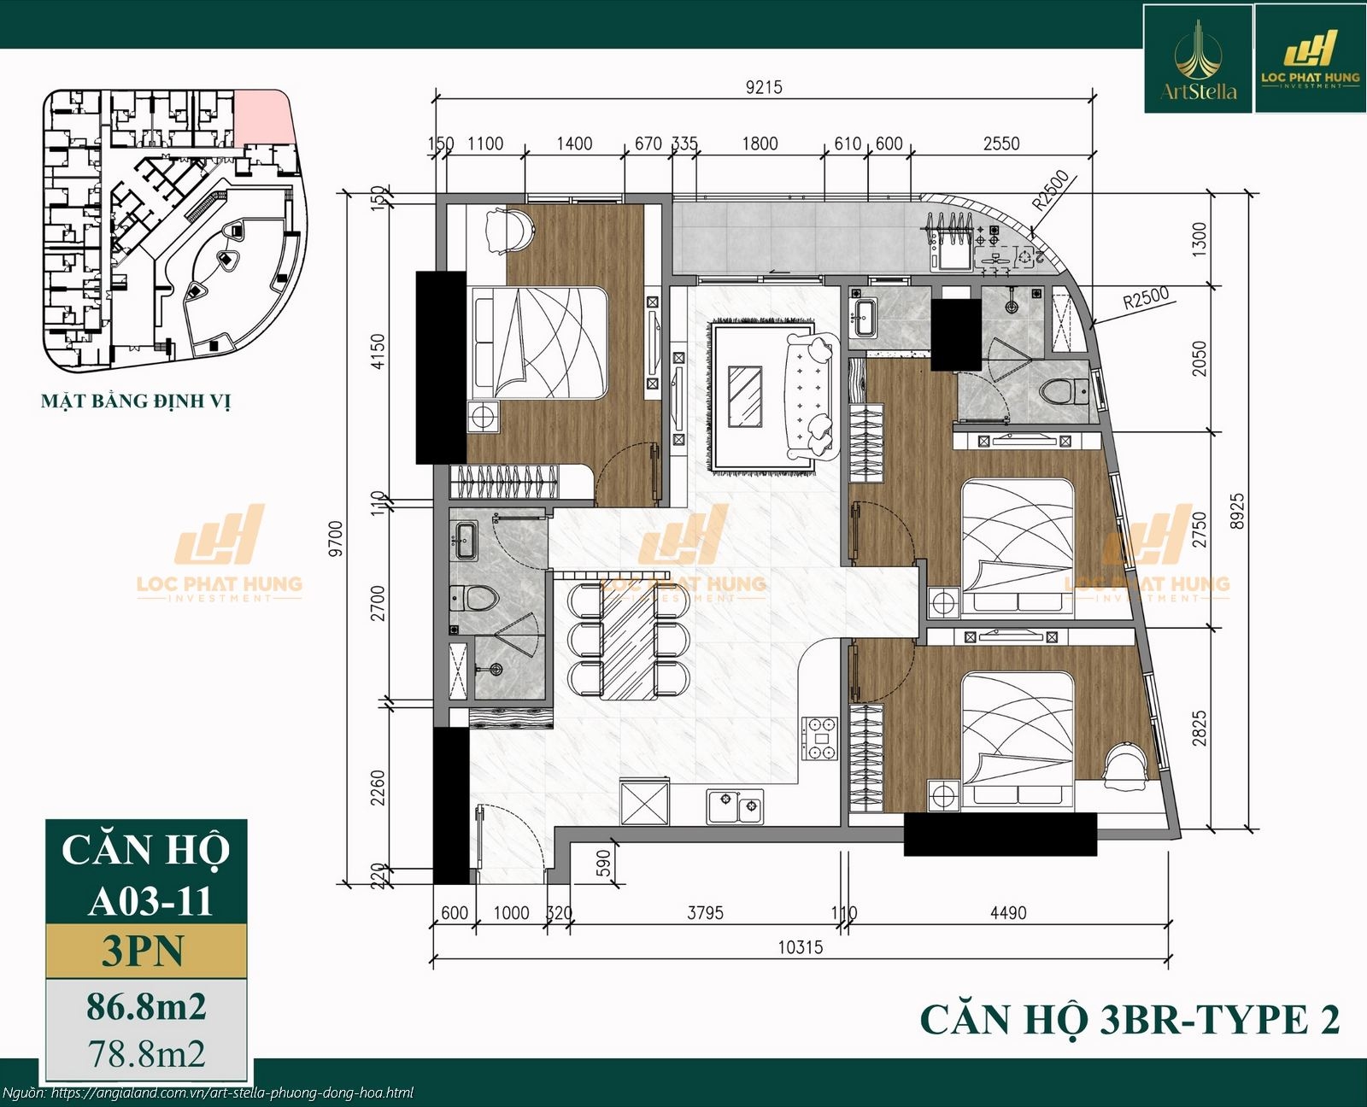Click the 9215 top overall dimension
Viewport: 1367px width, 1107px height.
tap(763, 87)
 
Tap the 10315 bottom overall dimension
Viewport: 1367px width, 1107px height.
tap(801, 946)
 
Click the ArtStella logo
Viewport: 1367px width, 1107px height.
tap(1198, 59)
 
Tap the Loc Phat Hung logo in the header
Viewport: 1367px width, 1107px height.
tap(1310, 59)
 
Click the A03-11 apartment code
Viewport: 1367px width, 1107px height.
tap(150, 899)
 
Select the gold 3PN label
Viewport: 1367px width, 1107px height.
tap(144, 951)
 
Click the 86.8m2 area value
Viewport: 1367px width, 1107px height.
tap(146, 1007)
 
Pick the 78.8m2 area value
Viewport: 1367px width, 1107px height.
tap(146, 1054)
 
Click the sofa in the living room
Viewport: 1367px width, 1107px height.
tap(807, 397)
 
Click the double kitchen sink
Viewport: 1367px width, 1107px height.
tap(735, 805)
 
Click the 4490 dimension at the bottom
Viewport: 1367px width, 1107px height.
tap(1007, 913)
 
